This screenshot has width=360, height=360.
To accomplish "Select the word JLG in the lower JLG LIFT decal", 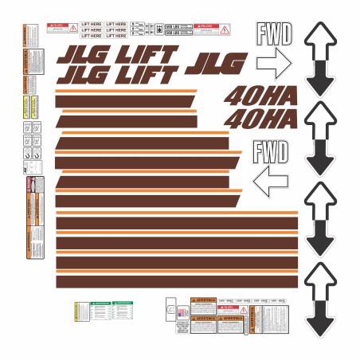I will [80, 76].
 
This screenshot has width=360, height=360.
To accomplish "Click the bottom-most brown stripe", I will [175, 280].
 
